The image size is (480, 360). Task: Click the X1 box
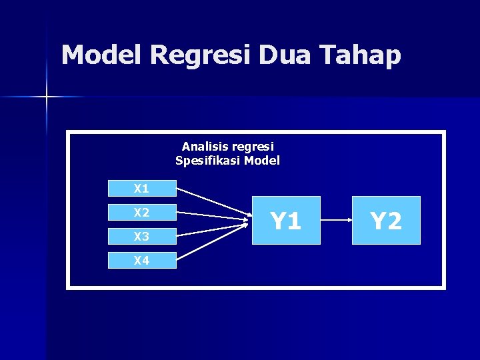(141, 189)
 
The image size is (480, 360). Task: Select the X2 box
(141, 213)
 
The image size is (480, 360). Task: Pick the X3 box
(141, 236)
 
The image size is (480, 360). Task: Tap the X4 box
(141, 260)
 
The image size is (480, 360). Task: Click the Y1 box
(286, 220)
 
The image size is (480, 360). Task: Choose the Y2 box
(386, 220)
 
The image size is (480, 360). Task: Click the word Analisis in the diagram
(205, 146)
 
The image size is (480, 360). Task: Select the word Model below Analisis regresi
(262, 161)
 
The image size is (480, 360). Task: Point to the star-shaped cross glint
(47, 97)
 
